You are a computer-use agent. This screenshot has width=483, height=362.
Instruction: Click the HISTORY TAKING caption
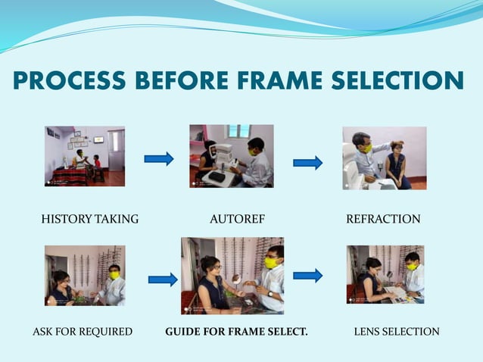pos(89,220)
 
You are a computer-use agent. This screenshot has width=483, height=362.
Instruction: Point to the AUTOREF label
pos(237,220)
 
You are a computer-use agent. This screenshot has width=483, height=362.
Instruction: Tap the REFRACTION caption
pos(383,220)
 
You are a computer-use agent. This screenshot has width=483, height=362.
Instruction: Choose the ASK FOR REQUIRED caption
pos(83,332)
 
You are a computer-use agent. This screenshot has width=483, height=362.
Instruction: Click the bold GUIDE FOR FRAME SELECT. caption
pos(236,332)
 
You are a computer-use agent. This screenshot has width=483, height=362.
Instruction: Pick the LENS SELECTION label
pos(397,332)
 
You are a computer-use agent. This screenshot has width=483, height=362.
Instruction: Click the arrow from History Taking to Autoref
pos(159,158)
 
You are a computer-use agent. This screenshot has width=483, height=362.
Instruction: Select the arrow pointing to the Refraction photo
pos(307,163)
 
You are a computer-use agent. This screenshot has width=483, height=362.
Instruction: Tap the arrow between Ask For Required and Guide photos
pos(163,279)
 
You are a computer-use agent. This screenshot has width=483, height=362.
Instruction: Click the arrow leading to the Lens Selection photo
pos(307,275)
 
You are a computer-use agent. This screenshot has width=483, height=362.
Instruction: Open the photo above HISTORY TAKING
pos(84,156)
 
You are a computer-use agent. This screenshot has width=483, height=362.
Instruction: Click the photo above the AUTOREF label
pos(231,156)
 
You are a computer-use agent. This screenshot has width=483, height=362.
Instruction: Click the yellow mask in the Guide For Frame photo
pos(270,263)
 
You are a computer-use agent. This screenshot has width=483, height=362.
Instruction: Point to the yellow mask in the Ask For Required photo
pos(114,275)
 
